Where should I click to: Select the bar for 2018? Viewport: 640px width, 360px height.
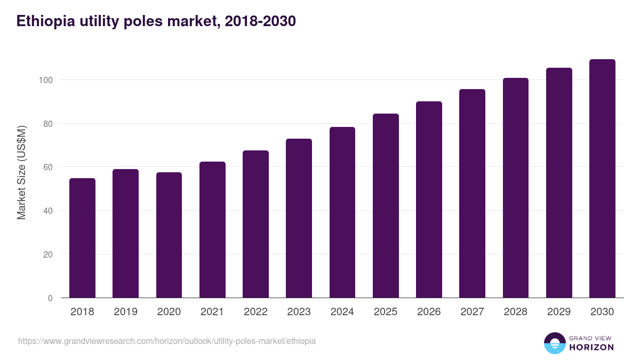[x=82, y=238]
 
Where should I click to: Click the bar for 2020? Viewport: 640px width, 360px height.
[x=169, y=235]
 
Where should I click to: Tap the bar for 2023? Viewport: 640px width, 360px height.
[x=299, y=218]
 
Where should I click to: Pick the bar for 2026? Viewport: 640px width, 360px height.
[x=429, y=199]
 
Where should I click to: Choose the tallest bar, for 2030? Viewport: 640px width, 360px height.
[x=602, y=179]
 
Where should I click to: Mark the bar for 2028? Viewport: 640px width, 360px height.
[x=515, y=188]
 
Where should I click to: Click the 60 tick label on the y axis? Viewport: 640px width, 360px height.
[x=49, y=167]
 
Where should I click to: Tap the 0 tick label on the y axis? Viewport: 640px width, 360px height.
[x=51, y=298]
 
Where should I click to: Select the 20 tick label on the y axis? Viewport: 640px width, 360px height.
[x=49, y=254]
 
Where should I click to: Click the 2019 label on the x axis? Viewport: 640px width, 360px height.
[x=125, y=312]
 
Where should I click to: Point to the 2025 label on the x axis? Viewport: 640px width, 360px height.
[x=386, y=312]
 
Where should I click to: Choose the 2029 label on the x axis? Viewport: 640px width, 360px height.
[x=559, y=312]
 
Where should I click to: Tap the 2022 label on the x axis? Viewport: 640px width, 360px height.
[x=255, y=312]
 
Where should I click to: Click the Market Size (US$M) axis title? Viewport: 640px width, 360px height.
[x=22, y=172]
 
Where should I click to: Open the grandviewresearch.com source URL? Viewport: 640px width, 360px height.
[x=167, y=341]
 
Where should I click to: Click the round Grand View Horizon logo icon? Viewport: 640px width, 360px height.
[x=554, y=343]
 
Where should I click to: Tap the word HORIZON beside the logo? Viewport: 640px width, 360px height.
[x=591, y=347]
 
